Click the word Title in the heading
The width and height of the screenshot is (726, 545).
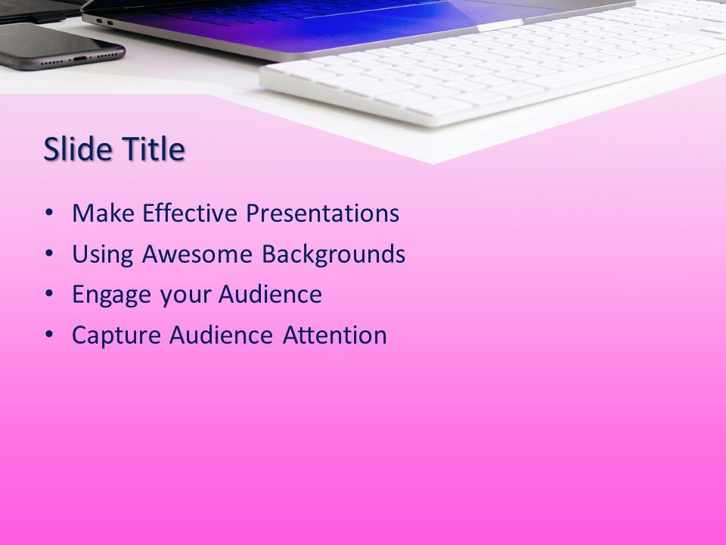[154, 150]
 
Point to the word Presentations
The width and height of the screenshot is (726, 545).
[323, 213]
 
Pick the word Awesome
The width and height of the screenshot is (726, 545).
[198, 254]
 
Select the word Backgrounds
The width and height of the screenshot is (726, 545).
[334, 254]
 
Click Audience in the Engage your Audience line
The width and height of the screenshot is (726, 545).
[270, 294]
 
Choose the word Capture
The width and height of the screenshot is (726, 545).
[116, 335]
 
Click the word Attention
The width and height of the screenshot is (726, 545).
[334, 335]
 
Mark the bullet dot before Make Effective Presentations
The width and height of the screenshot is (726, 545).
[50, 214]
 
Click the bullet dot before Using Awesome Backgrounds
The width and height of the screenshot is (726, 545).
[50, 255]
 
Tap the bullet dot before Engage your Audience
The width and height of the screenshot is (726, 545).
[50, 295]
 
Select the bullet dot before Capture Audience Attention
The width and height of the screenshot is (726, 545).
[50, 336]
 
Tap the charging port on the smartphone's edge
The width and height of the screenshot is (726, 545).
[80, 58]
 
